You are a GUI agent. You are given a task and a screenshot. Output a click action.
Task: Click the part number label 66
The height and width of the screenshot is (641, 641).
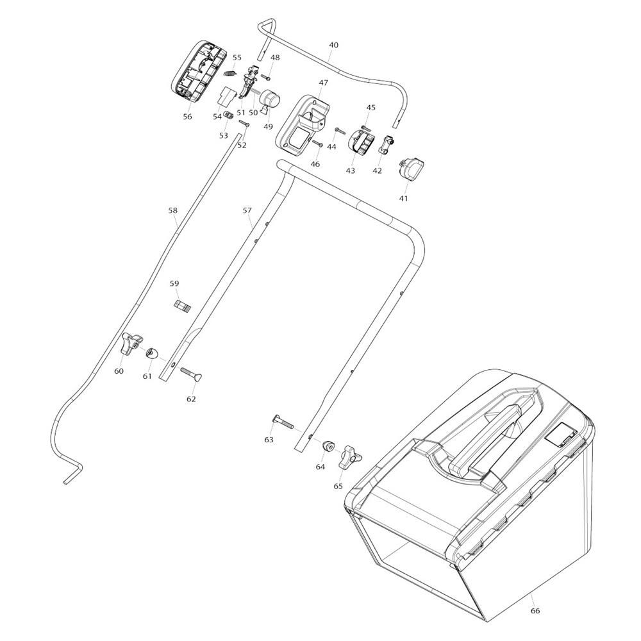[535, 610]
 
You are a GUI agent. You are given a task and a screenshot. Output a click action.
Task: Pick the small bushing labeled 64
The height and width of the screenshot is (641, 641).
[329, 444]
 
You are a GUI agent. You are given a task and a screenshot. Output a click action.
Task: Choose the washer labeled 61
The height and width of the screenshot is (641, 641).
[152, 353]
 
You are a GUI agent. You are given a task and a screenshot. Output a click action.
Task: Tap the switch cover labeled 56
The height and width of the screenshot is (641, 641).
[195, 71]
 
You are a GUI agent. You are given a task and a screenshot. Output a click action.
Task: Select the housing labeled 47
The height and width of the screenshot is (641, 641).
[301, 122]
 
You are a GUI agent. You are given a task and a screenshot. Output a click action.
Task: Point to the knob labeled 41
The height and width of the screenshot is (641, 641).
[410, 169]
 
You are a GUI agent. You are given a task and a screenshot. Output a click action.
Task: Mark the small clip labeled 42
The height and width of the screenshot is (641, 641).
[386, 146]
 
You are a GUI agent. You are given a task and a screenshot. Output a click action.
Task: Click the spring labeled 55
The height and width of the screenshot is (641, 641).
[234, 73]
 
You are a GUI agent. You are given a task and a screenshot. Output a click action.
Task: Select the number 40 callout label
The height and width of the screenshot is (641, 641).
[333, 46]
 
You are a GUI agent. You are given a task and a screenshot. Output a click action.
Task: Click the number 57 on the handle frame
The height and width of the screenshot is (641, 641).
[247, 210]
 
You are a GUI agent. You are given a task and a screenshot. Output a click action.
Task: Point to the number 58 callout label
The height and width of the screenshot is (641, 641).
[172, 210]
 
